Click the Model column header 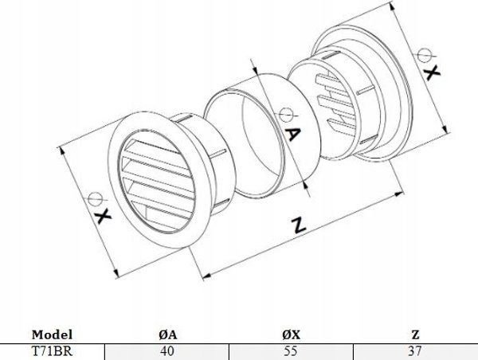click(x=52, y=335)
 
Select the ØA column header click(x=167, y=335)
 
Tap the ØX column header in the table click(x=291, y=335)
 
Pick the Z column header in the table click(x=416, y=335)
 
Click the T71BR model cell click(x=52, y=351)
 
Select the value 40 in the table click(x=167, y=351)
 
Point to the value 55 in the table click(x=290, y=351)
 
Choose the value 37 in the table click(x=414, y=351)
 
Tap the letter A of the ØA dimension click(x=293, y=134)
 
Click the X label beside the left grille click(x=103, y=216)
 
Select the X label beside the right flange click(x=432, y=72)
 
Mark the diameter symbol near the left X click(x=95, y=199)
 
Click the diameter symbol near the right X click(x=424, y=55)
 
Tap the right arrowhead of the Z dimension click(x=399, y=194)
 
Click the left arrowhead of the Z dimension click(x=207, y=276)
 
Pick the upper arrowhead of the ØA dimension click(x=255, y=70)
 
